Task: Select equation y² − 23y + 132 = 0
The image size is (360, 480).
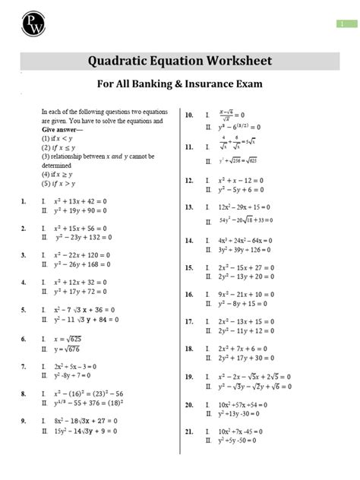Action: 82,237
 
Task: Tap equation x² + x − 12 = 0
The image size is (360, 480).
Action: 243,182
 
